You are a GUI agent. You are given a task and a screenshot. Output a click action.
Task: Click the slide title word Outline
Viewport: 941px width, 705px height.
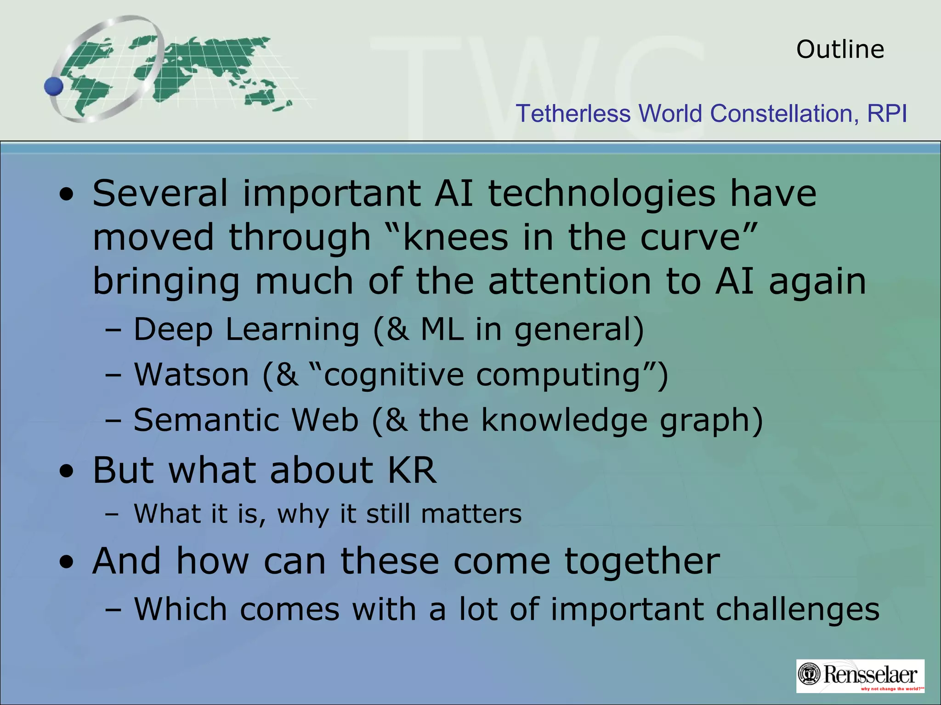(x=840, y=49)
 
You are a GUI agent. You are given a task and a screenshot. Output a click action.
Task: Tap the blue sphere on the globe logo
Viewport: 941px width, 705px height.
(x=54, y=86)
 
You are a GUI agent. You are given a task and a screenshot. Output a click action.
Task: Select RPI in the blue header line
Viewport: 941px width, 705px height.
(x=887, y=113)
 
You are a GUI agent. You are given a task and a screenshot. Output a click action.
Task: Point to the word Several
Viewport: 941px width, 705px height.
(x=160, y=193)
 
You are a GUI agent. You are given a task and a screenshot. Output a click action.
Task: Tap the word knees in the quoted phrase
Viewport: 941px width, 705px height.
(x=455, y=237)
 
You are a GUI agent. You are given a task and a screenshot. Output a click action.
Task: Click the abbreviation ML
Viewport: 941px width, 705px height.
(x=442, y=329)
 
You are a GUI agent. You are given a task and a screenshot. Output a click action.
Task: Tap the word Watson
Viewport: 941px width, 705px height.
(x=192, y=375)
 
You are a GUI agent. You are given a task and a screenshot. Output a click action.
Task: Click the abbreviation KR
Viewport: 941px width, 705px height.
(x=412, y=470)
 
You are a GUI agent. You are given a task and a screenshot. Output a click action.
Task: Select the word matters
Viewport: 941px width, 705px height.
(x=471, y=514)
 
